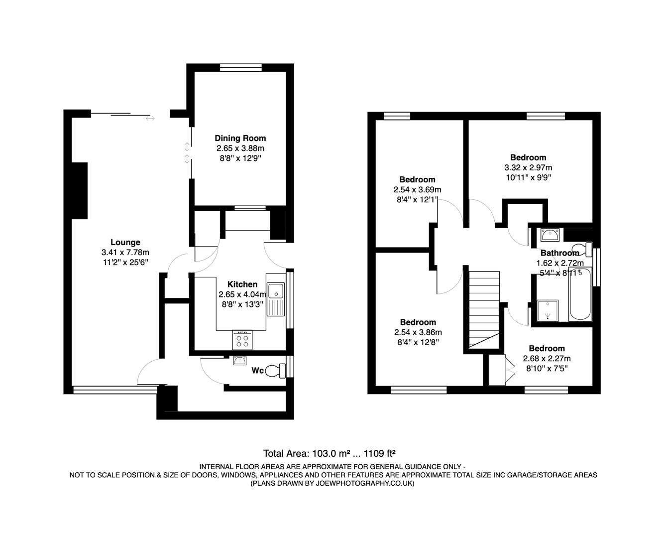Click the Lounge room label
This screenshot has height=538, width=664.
point(125,243)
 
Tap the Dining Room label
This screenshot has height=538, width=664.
point(240,138)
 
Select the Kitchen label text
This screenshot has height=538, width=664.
point(242,284)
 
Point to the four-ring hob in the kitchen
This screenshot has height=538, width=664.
point(242,340)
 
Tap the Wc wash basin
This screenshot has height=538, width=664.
point(240,361)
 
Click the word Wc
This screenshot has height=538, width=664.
point(257,371)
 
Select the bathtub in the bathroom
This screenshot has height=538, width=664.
point(580,294)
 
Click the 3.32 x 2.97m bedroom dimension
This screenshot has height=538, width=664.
point(528,167)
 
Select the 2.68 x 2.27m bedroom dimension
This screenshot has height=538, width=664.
point(547,359)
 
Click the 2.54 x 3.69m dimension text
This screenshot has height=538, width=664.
point(417,190)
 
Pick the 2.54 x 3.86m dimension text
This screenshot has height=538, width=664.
point(418,332)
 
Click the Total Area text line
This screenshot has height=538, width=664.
point(329,453)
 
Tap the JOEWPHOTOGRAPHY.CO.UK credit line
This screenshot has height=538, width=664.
point(332,483)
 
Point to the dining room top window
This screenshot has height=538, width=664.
point(241,68)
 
